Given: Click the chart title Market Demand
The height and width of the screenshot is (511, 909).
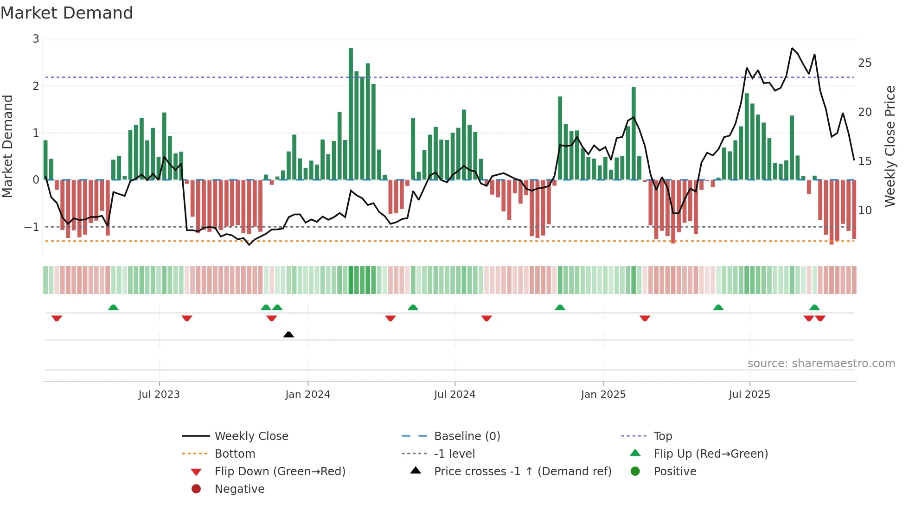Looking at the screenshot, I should coord(67,13).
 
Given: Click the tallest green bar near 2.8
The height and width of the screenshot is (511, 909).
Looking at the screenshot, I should coord(351,114).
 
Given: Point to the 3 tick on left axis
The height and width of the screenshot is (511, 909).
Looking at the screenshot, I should coord(36,39).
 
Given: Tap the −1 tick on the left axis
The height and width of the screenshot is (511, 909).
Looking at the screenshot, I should coord(32,227).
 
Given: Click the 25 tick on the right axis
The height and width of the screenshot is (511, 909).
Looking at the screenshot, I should coord(864,63).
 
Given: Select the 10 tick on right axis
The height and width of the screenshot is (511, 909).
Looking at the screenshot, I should coord(864,211).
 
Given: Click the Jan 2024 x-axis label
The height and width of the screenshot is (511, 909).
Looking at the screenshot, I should coord(307,395).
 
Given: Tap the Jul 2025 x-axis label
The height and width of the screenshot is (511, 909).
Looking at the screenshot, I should coord(749,395).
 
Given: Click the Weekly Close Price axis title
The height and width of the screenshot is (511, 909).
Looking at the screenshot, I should coord(890,146).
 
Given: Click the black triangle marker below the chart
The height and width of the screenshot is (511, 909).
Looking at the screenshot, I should coord(288,334).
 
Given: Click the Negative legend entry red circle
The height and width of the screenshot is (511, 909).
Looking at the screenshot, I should coord(196,489).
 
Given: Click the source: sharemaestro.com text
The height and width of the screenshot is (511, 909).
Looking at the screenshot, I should coord(821,364).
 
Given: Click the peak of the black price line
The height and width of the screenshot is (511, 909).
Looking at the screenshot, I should coord(792,48).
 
